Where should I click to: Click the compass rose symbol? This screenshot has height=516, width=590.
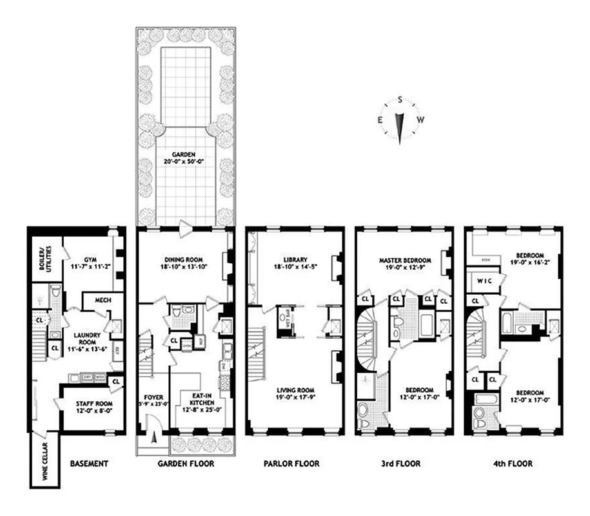pos(400,120)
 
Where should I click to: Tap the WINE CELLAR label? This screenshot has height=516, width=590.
pos(44,464)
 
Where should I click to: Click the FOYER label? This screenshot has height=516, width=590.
pos(153,398)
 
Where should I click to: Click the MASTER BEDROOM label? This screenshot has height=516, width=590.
pos(404,261)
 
